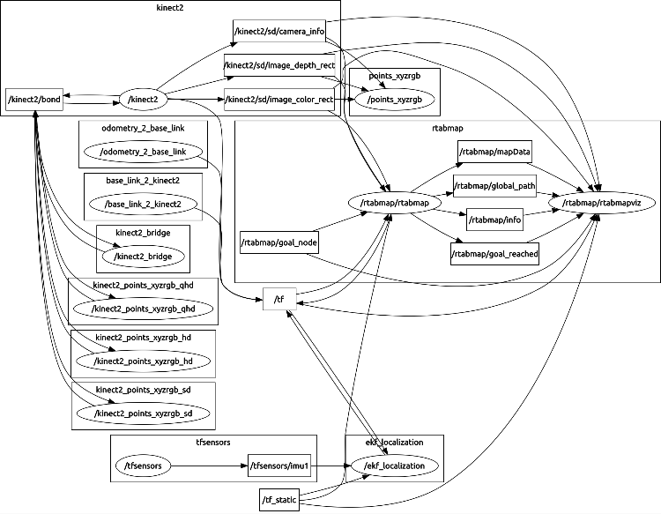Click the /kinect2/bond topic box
(33, 100)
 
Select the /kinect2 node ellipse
(143, 100)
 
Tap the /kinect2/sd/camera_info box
(279, 32)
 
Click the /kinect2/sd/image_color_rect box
(279, 100)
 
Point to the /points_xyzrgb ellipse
(392, 100)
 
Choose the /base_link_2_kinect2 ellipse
(144, 205)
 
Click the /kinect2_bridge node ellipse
(144, 257)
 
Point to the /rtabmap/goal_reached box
(494, 254)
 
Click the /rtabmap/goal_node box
(279, 242)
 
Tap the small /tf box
(279, 300)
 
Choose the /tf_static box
(279, 500)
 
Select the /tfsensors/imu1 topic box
(283, 465)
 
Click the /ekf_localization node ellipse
(394, 465)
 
